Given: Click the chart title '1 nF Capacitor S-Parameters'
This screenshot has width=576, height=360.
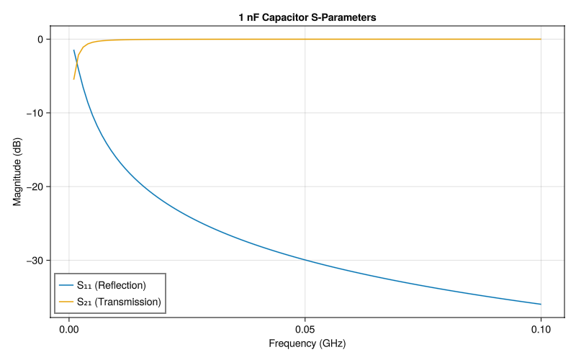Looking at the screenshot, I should click(307, 17).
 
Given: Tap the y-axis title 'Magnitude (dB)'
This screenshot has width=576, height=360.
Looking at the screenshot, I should click(18, 171).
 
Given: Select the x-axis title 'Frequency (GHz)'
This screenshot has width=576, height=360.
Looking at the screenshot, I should click(307, 343).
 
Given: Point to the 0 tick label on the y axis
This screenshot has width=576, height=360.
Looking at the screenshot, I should click(40, 39).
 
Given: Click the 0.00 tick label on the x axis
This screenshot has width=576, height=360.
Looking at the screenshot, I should click(69, 326).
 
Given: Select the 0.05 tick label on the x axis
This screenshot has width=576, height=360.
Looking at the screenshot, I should click(305, 326).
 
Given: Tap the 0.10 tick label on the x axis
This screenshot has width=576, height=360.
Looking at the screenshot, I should click(541, 326).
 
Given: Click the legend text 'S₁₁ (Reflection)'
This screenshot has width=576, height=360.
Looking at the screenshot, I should click(111, 285).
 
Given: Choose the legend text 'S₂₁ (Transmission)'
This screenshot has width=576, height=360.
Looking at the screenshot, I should click(118, 302).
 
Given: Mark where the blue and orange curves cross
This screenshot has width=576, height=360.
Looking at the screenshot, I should click(76, 63).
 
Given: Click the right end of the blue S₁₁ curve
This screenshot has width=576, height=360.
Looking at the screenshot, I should click(541, 304).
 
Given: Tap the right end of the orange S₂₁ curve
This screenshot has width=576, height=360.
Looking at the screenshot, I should click(541, 39).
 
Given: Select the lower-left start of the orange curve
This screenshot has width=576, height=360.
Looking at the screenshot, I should click(73, 79).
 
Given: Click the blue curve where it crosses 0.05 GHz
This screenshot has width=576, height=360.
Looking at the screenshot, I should click(305, 260).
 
